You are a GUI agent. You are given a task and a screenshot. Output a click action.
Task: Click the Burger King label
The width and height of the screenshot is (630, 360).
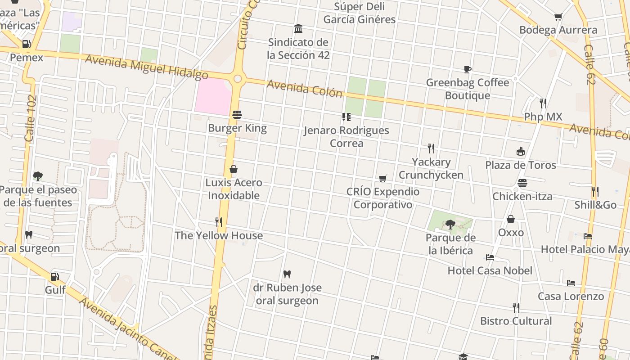[237, 128]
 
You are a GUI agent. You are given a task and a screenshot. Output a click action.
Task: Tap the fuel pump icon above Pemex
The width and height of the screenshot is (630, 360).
[27, 44]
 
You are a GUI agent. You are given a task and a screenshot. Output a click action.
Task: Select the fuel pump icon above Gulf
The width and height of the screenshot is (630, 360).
[55, 276]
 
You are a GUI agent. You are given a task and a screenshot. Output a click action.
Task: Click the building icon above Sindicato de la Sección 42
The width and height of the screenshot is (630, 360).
[298, 29]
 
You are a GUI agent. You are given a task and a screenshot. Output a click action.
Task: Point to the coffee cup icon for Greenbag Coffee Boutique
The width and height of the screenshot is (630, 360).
[468, 69]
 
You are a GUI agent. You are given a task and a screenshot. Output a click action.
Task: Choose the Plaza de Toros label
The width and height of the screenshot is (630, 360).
[520, 165]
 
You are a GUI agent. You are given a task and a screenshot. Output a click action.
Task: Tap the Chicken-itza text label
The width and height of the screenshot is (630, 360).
[522, 196]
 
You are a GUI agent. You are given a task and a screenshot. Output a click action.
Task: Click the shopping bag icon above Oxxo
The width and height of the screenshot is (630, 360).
[511, 219]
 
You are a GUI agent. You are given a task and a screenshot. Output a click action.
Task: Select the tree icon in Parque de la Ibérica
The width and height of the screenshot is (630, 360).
[450, 224]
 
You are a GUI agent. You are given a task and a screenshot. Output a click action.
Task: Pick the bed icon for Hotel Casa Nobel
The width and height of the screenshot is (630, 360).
[490, 257]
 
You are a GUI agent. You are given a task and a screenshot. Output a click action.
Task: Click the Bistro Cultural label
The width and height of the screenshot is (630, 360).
[516, 321]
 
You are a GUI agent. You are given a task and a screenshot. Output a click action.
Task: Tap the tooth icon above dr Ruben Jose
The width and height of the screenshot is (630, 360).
[287, 274]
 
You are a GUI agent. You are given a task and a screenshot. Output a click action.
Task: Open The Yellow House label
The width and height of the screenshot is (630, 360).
[219, 235]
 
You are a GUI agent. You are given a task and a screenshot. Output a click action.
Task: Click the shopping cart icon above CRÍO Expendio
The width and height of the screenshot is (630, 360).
[383, 178]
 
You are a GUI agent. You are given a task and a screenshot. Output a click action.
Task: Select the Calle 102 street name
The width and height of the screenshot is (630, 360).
[31, 118]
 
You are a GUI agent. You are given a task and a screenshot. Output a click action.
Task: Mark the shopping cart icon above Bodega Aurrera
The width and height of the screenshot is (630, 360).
[558, 17]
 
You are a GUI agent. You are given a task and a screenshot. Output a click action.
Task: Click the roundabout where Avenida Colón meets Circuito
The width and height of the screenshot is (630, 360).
[238, 79]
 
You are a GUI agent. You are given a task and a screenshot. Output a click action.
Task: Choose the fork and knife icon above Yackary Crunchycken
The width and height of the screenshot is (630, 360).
[431, 148]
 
